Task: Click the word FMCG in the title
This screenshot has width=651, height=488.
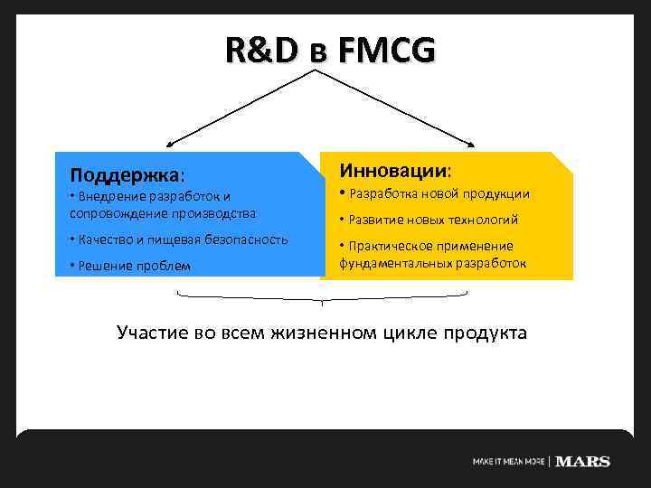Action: tap(386, 52)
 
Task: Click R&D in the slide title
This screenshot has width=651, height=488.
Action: tap(261, 52)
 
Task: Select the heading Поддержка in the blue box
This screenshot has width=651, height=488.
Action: tap(126, 172)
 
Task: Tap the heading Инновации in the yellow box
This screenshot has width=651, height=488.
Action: tap(394, 170)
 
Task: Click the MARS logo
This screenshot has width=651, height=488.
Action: tap(582, 462)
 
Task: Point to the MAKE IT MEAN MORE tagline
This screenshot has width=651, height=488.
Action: tap(508, 462)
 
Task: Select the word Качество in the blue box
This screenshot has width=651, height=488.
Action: tap(105, 239)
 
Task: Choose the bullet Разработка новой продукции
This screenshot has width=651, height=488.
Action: tap(439, 194)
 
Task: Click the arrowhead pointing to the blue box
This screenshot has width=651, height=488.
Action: tap(170, 145)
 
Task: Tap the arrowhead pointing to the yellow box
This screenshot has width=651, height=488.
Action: tap(470, 145)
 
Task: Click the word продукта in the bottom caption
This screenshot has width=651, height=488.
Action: tap(487, 333)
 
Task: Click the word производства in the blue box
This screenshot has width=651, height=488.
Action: tap(213, 214)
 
